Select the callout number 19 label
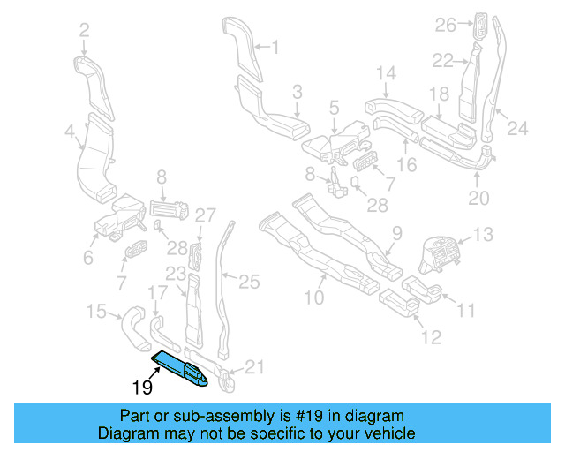click(x=142, y=388)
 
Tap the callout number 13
click(x=485, y=235)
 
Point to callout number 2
click(x=84, y=31)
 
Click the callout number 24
click(x=516, y=129)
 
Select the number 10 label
click(x=314, y=298)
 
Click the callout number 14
click(x=387, y=72)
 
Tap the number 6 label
click(x=87, y=258)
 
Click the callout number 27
click(x=204, y=215)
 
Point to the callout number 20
click(x=478, y=199)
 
